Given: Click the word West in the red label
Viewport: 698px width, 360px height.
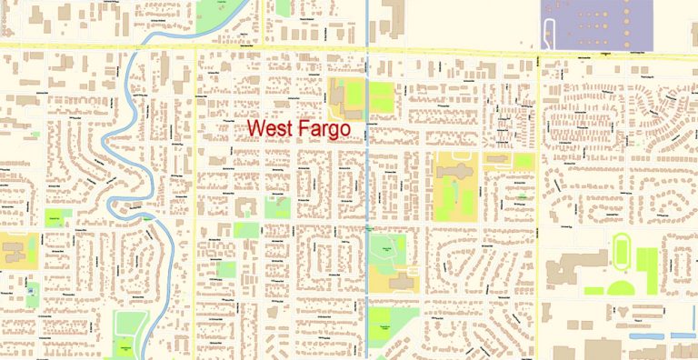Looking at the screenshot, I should coord(272,130).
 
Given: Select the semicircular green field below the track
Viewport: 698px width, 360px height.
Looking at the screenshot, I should coord(621,289).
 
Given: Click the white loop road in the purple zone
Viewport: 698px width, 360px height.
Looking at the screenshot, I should coord(549,35).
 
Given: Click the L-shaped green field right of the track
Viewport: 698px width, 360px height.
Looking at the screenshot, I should coord(647,269).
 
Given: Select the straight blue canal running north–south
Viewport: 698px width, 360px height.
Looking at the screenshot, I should coord(366,182).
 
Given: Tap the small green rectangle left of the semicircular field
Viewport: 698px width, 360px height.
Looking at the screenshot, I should coord(592,291).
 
